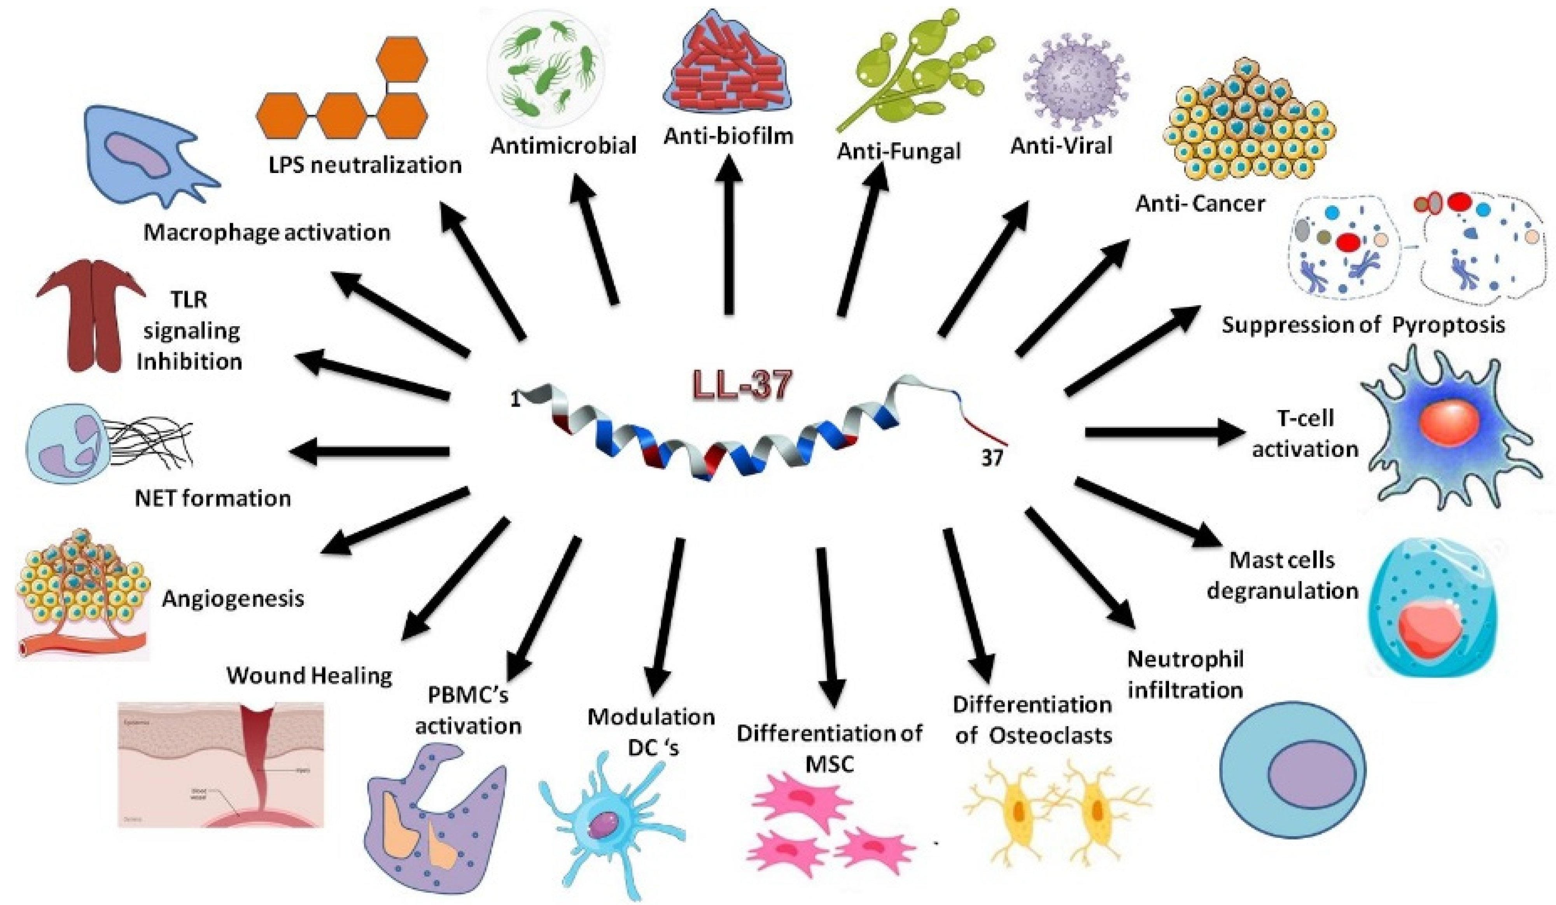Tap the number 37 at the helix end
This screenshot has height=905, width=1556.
click(992, 458)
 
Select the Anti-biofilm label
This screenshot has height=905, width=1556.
click(728, 136)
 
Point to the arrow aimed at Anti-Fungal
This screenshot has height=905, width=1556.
click(861, 241)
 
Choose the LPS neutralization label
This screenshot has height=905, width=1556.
click(365, 165)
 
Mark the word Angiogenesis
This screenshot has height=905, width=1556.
click(233, 598)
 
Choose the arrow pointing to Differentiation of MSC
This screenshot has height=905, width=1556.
click(826, 624)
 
